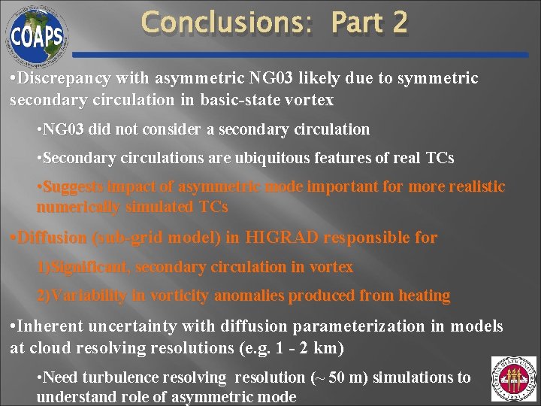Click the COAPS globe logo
(x=37, y=34)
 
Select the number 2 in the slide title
(x=398, y=22)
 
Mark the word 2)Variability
(x=82, y=295)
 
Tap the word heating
(x=424, y=295)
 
